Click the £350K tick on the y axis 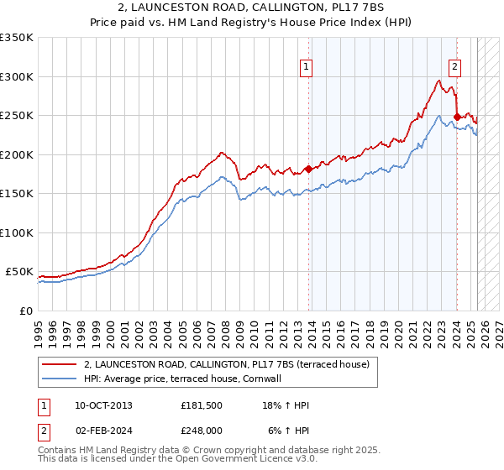pyautogui.click(x=17, y=38)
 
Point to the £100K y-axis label pyautogui.click(x=17, y=232)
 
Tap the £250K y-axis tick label pyautogui.click(x=17, y=116)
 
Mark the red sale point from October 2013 pyautogui.click(x=308, y=169)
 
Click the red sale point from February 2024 pyautogui.click(x=457, y=117)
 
